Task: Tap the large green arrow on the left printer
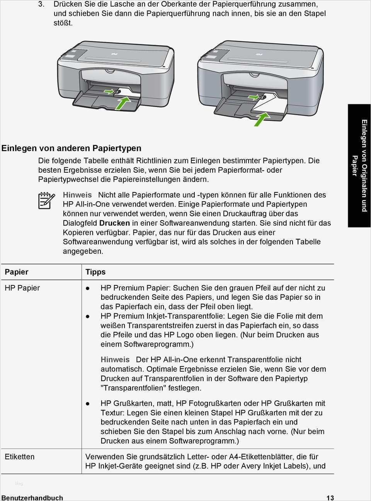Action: point(123,103)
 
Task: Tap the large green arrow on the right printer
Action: point(261,119)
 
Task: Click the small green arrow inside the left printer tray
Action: point(109,92)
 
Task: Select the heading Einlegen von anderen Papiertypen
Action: point(71,148)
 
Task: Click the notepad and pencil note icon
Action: point(46,200)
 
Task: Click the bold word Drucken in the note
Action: point(114,223)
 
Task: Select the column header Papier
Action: point(16,272)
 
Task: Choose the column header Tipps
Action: point(95,272)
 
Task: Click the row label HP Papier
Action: point(22,288)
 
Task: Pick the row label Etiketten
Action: point(19,457)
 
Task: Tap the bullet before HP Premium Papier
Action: point(88,288)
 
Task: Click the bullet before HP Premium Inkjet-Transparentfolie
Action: point(88,316)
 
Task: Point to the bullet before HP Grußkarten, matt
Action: point(88,404)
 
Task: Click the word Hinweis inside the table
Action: point(115,360)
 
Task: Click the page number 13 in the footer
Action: point(330,498)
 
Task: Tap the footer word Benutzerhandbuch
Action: point(32,498)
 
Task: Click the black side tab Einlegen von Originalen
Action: point(359,166)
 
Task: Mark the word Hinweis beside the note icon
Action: point(77,195)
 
